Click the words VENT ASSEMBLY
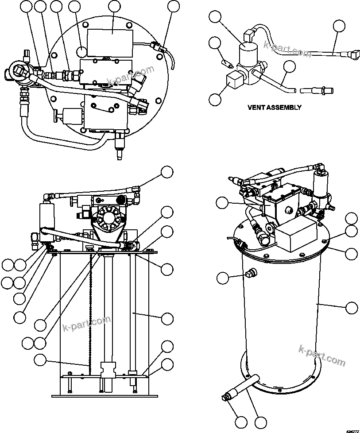point(274,107)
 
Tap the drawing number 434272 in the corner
point(352,430)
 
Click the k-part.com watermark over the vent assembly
point(286,48)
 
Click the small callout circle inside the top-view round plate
point(82,51)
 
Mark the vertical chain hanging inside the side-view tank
point(89,310)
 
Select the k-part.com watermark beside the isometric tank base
point(322,356)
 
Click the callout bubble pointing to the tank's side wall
point(351,308)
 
